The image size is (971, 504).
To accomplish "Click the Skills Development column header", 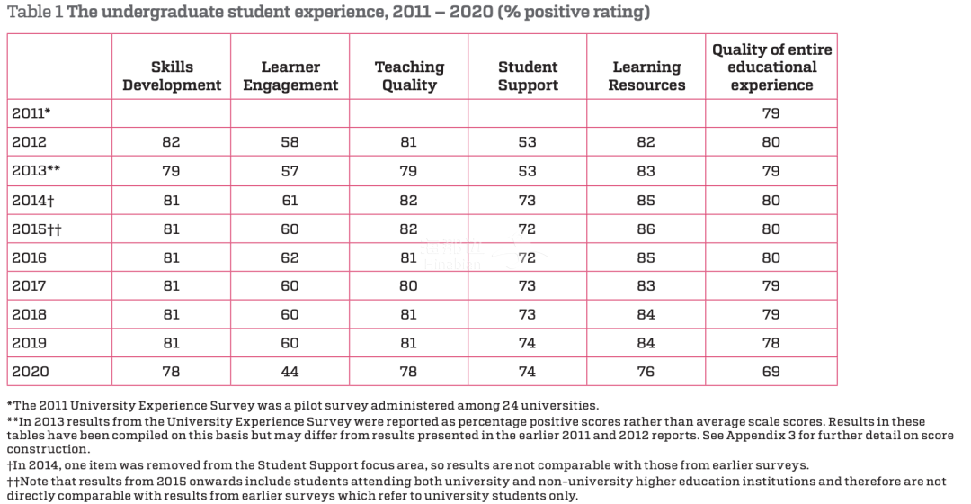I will click(172, 76).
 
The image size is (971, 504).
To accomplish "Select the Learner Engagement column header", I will click(290, 76).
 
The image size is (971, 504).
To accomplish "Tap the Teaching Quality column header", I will click(409, 76).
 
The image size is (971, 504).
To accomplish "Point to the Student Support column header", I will click(528, 76).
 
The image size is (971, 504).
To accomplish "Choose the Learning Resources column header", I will click(646, 76).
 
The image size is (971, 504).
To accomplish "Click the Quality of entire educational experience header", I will click(771, 67).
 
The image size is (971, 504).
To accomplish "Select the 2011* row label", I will click(31, 113).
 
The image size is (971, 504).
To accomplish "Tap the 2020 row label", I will click(30, 372).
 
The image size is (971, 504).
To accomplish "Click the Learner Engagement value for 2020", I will click(290, 372).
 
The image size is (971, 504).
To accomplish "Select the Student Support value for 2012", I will click(528, 142).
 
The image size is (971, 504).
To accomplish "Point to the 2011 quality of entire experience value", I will click(771, 113).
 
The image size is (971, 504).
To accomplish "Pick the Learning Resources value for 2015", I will click(646, 229).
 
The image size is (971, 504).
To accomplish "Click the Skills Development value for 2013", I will click(172, 171).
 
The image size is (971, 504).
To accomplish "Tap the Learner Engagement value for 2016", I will click(290, 257).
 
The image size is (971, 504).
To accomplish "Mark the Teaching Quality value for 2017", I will click(409, 286).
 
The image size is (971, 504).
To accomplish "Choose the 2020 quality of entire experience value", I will click(771, 372).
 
